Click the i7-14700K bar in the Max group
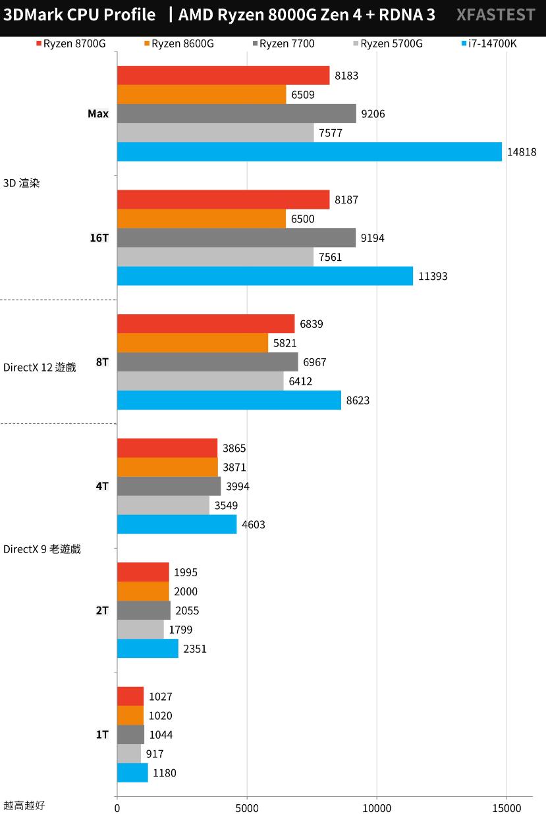310,151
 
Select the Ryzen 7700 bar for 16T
236,238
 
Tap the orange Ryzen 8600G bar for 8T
192,343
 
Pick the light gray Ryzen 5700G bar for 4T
163,505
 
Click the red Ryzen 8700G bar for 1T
130,696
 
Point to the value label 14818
522,152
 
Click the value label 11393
433,276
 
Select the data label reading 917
155,754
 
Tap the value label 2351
195,649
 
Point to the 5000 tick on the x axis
246,806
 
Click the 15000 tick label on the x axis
506,806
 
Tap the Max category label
98,113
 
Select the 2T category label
102,610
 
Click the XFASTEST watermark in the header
495,15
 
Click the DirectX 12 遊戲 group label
40,367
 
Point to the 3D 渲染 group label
22,183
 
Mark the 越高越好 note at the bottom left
24,805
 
